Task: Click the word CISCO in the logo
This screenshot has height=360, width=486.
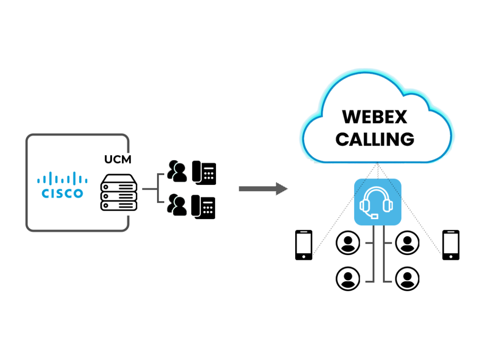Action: (62, 194)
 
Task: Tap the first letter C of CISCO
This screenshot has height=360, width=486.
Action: (46, 194)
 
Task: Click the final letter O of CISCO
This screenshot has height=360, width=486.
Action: (78, 194)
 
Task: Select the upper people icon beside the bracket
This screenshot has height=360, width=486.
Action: (177, 171)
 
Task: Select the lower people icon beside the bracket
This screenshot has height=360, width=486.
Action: (177, 205)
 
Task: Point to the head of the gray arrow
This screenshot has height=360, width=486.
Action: (282, 189)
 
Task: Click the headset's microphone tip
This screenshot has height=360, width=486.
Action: (375, 216)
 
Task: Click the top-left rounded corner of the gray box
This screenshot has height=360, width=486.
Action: (30, 138)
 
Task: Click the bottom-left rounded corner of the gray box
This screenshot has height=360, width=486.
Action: (30, 227)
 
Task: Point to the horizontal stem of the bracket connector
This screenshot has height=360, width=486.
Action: (149, 189)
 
